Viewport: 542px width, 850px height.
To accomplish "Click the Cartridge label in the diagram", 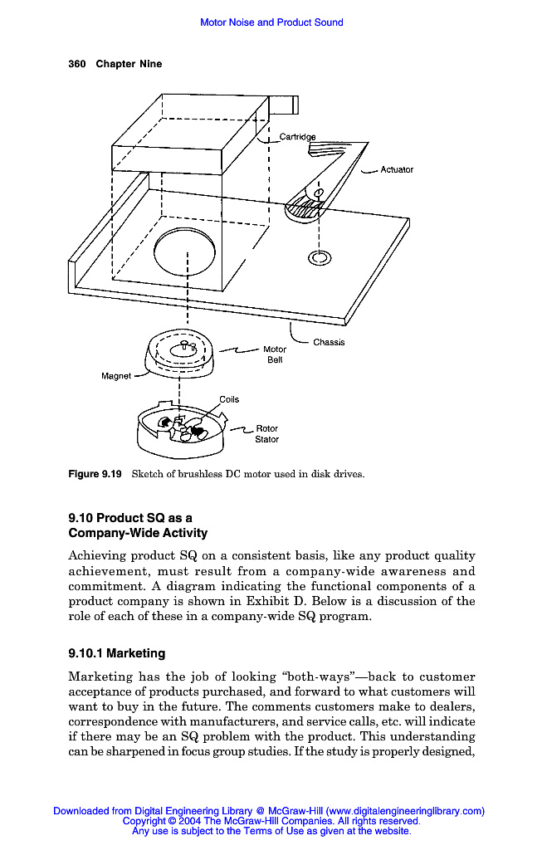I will tap(297, 136).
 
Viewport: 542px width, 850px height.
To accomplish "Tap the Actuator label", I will tap(397, 169).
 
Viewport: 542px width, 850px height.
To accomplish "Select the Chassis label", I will tap(329, 342).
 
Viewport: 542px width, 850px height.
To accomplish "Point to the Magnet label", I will tap(116, 376).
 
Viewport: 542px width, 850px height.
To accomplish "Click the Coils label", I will tap(229, 399).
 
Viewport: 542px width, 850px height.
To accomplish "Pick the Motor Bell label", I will tap(275, 355).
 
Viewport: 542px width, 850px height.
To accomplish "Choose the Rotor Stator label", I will tap(266, 434).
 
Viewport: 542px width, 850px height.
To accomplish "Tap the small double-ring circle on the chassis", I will tap(318, 258).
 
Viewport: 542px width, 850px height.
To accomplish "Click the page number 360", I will tap(77, 64).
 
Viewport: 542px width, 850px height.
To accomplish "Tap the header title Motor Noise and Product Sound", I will tap(271, 22).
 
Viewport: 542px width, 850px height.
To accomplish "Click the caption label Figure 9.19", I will tap(95, 474).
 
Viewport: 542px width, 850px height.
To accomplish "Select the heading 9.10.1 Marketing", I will tap(116, 653).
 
